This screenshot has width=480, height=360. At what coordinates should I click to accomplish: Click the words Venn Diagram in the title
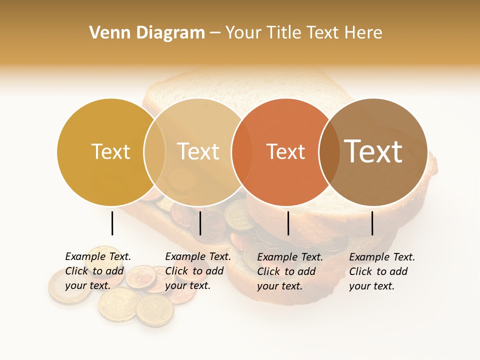[147, 33]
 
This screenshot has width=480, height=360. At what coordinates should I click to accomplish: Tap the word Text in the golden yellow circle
[110, 151]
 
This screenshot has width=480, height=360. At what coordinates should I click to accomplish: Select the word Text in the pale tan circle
[198, 151]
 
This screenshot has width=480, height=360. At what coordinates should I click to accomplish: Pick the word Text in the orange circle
[285, 151]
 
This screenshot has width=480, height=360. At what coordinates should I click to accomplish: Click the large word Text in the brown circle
[373, 151]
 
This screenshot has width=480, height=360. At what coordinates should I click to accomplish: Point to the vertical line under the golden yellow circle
[112, 223]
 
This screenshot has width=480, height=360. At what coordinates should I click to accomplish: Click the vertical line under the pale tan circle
[200, 223]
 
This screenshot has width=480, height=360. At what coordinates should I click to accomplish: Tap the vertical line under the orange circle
[288, 223]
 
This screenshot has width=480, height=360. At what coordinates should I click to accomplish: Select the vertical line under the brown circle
[372, 223]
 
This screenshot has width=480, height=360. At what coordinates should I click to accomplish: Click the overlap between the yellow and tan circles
[154, 152]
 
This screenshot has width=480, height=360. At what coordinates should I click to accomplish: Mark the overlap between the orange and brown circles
[329, 152]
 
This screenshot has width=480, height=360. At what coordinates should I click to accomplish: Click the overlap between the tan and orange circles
[241, 152]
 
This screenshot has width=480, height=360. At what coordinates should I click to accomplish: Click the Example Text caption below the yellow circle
[98, 271]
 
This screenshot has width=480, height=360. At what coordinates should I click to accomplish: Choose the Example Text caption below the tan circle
[198, 271]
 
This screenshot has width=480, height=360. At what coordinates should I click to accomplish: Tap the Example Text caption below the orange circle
[290, 271]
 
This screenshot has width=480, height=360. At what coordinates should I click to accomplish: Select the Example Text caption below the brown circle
[382, 271]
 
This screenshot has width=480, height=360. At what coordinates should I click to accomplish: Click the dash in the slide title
[215, 33]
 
